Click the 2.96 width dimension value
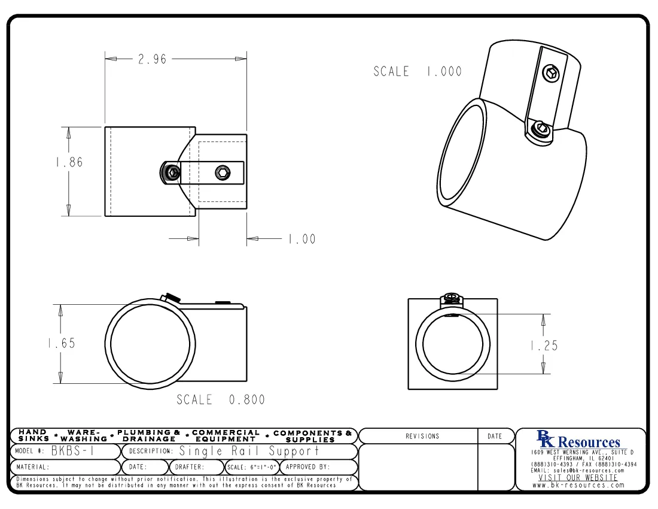coord(152,59)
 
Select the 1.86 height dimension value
coord(69,162)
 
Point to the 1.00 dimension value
coord(301,240)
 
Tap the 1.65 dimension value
coord(61,344)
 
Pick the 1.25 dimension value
coord(544,346)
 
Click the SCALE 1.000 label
coord(418,72)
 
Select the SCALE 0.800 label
coord(221,399)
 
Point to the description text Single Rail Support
coord(249,451)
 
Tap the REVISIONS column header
coord(422,437)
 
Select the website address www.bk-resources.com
coord(578,485)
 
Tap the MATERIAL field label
coord(33,467)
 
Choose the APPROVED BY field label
coord(308,467)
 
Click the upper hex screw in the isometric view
coord(550,74)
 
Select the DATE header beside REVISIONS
coord(495,437)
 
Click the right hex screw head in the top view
coord(222,173)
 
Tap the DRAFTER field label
coord(190,467)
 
